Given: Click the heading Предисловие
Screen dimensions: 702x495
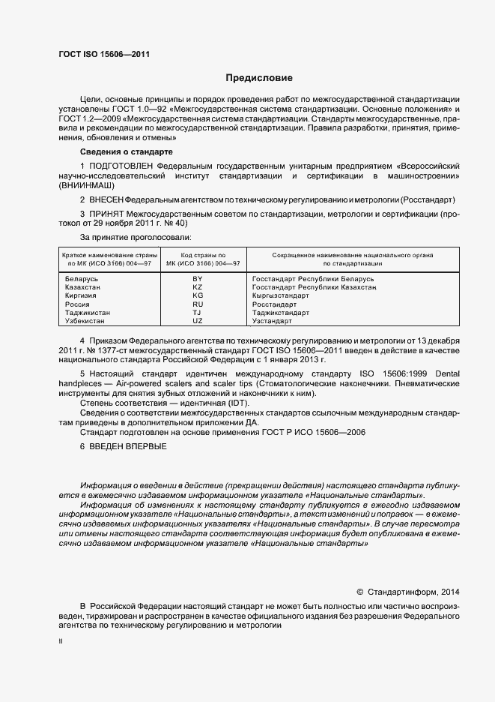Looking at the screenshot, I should (260, 78).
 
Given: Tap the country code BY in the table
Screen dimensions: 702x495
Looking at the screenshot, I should (198, 279).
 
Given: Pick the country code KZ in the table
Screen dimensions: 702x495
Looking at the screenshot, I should (198, 287).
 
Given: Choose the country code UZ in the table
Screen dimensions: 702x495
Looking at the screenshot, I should (198, 321).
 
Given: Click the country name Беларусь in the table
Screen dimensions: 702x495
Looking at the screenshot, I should (82, 279).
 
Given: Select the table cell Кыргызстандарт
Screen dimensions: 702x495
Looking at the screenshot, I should (281, 295).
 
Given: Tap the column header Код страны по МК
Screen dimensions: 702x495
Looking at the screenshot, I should (198, 259).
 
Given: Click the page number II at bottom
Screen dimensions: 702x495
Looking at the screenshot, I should (61, 642).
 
